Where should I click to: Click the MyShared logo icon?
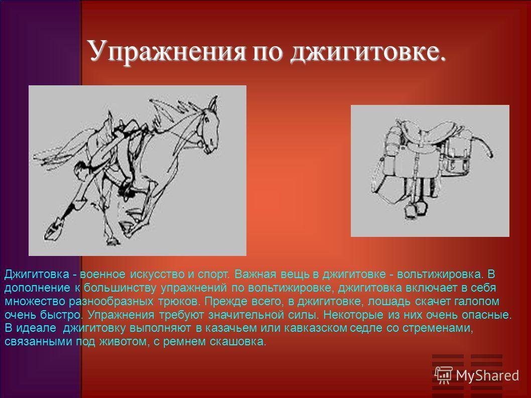[x=444, y=375]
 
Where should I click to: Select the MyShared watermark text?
[x=487, y=375]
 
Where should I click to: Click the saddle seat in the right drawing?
[x=432, y=130]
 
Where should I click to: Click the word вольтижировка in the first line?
[x=439, y=274]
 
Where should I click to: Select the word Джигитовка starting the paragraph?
[x=37, y=274]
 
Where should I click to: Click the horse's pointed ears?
[x=212, y=102]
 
